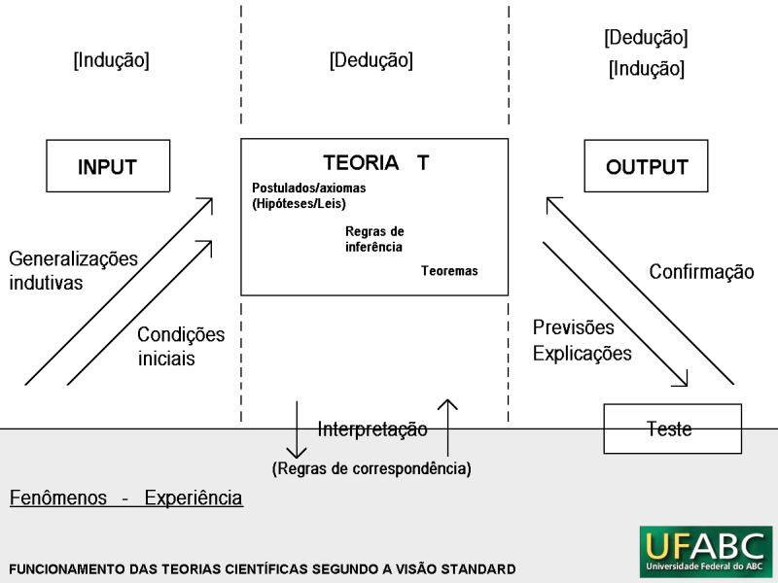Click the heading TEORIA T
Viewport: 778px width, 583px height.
pyautogui.click(x=376, y=162)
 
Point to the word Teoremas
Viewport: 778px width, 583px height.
pyautogui.click(x=449, y=271)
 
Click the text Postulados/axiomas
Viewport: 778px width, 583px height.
pyautogui.click(x=308, y=188)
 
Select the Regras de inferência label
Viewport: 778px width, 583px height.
pyautogui.click(x=374, y=239)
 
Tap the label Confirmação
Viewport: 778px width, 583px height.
pyautogui.click(x=701, y=272)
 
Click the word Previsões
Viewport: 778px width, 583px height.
pyautogui.click(x=573, y=327)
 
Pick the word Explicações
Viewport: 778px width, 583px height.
pyautogui.click(x=582, y=354)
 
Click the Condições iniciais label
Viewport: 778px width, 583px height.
pyautogui.click(x=181, y=346)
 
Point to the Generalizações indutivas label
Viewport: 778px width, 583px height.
pyautogui.click(x=74, y=270)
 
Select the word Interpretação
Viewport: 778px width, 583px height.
pyautogui.click(x=372, y=429)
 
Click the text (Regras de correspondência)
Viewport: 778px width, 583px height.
pyautogui.click(x=371, y=468)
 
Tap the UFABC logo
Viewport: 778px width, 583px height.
pyautogui.click(x=706, y=552)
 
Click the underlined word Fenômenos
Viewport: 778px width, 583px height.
pyautogui.click(x=58, y=497)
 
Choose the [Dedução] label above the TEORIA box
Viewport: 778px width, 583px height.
pyautogui.click(x=371, y=60)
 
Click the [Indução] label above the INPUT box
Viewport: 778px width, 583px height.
pyautogui.click(x=111, y=60)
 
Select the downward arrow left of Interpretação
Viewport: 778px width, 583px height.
pyautogui.click(x=297, y=429)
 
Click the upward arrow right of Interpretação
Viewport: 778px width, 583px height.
pyautogui.click(x=447, y=428)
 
